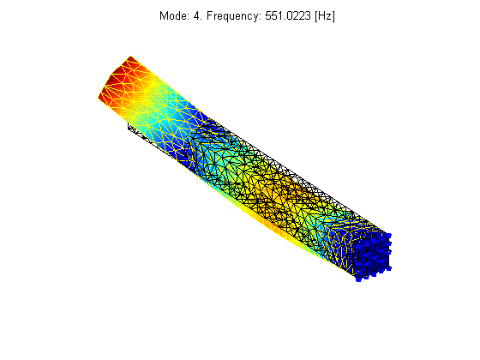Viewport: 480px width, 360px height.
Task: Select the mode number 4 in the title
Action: pos(197,15)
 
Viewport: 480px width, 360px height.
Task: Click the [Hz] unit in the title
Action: pos(325,16)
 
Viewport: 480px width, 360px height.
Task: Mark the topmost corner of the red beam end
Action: pos(131,57)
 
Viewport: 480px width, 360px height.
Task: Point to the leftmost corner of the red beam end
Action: pos(99,98)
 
